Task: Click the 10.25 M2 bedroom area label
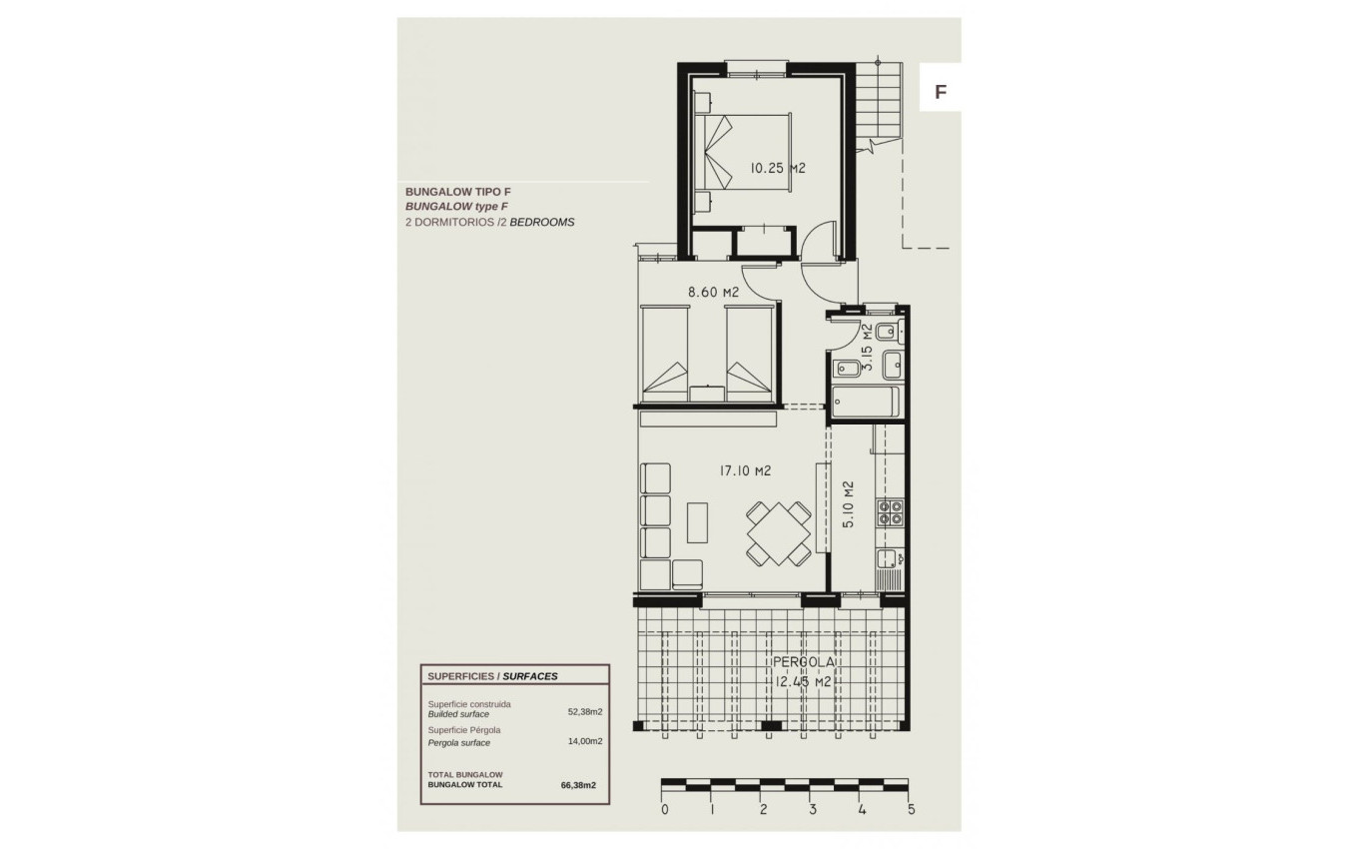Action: tap(777, 169)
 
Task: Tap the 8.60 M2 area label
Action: tap(713, 293)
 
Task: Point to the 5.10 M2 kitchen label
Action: tap(848, 504)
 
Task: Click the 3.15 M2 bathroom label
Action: tap(868, 347)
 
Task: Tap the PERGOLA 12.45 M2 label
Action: tap(804, 672)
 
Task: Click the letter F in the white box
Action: tap(940, 92)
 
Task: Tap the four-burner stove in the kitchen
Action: tap(890, 513)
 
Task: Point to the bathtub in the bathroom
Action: tap(866, 404)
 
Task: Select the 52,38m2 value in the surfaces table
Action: tap(585, 712)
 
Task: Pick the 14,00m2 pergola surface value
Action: tap(585, 741)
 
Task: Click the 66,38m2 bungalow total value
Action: tap(579, 785)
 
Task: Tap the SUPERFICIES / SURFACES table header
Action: tap(492, 676)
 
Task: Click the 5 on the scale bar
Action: tap(910, 810)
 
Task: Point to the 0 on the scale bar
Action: tap(665, 810)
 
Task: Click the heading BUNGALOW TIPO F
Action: tap(457, 191)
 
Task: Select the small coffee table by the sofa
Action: tap(698, 521)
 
